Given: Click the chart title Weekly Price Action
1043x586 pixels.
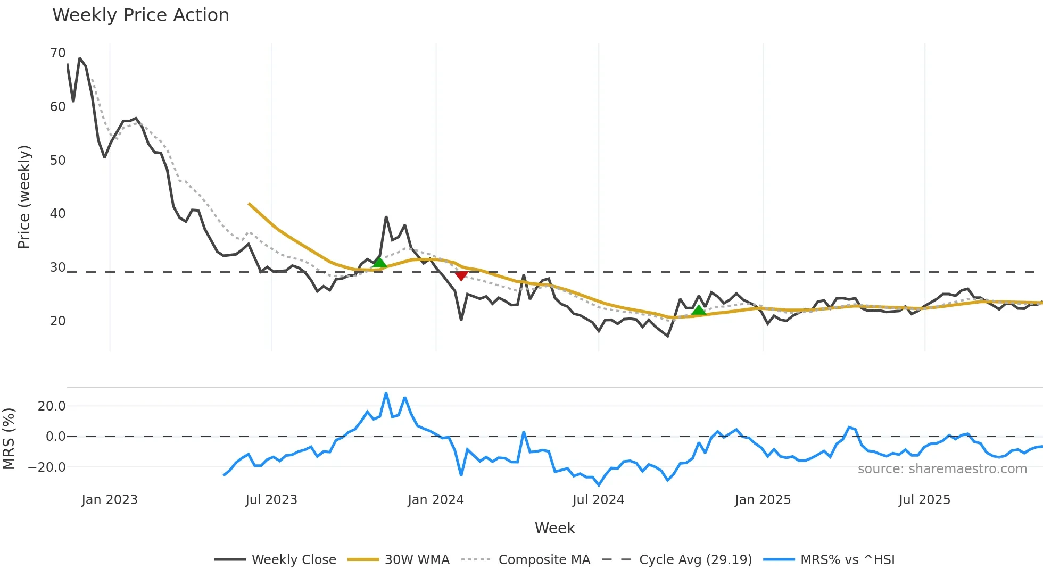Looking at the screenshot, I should point(140,15).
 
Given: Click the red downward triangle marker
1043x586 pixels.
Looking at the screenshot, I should point(461,275).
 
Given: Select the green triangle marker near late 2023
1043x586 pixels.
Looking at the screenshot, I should point(379,262).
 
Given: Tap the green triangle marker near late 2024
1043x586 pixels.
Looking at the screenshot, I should point(699,310).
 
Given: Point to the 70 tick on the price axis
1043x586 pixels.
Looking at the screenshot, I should point(57,53).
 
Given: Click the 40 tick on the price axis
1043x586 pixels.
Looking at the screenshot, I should point(57,214).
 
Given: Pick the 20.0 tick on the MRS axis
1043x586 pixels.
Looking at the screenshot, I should point(52,406).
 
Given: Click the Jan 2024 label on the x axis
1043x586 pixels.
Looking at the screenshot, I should point(436,500).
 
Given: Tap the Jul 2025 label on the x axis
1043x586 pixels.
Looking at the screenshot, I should point(924,500).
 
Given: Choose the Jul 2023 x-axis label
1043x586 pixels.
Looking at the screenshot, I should point(271,500).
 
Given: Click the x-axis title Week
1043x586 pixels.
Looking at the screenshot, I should point(554,528).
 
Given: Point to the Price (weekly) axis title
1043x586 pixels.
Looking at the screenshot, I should point(24,197).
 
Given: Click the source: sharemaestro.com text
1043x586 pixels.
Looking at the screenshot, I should point(942,469).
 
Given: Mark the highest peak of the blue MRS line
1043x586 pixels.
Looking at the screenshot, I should point(386,394).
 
